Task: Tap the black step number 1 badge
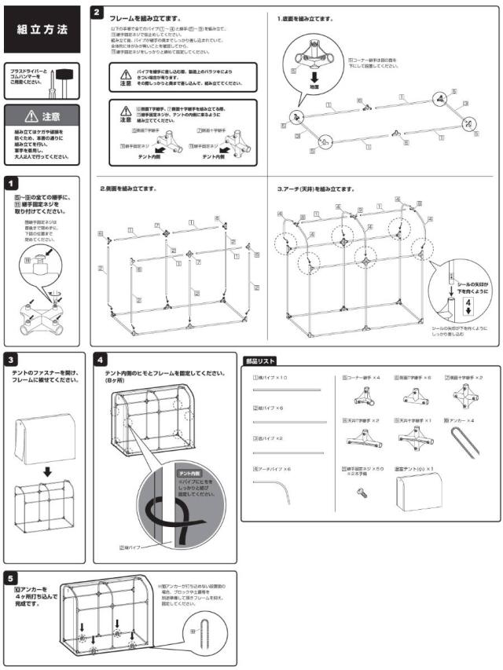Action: [9, 181]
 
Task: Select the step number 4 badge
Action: [98, 360]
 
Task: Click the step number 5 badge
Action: [9, 575]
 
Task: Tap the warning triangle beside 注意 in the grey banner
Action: [31, 116]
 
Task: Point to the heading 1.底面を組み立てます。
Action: [305, 18]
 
